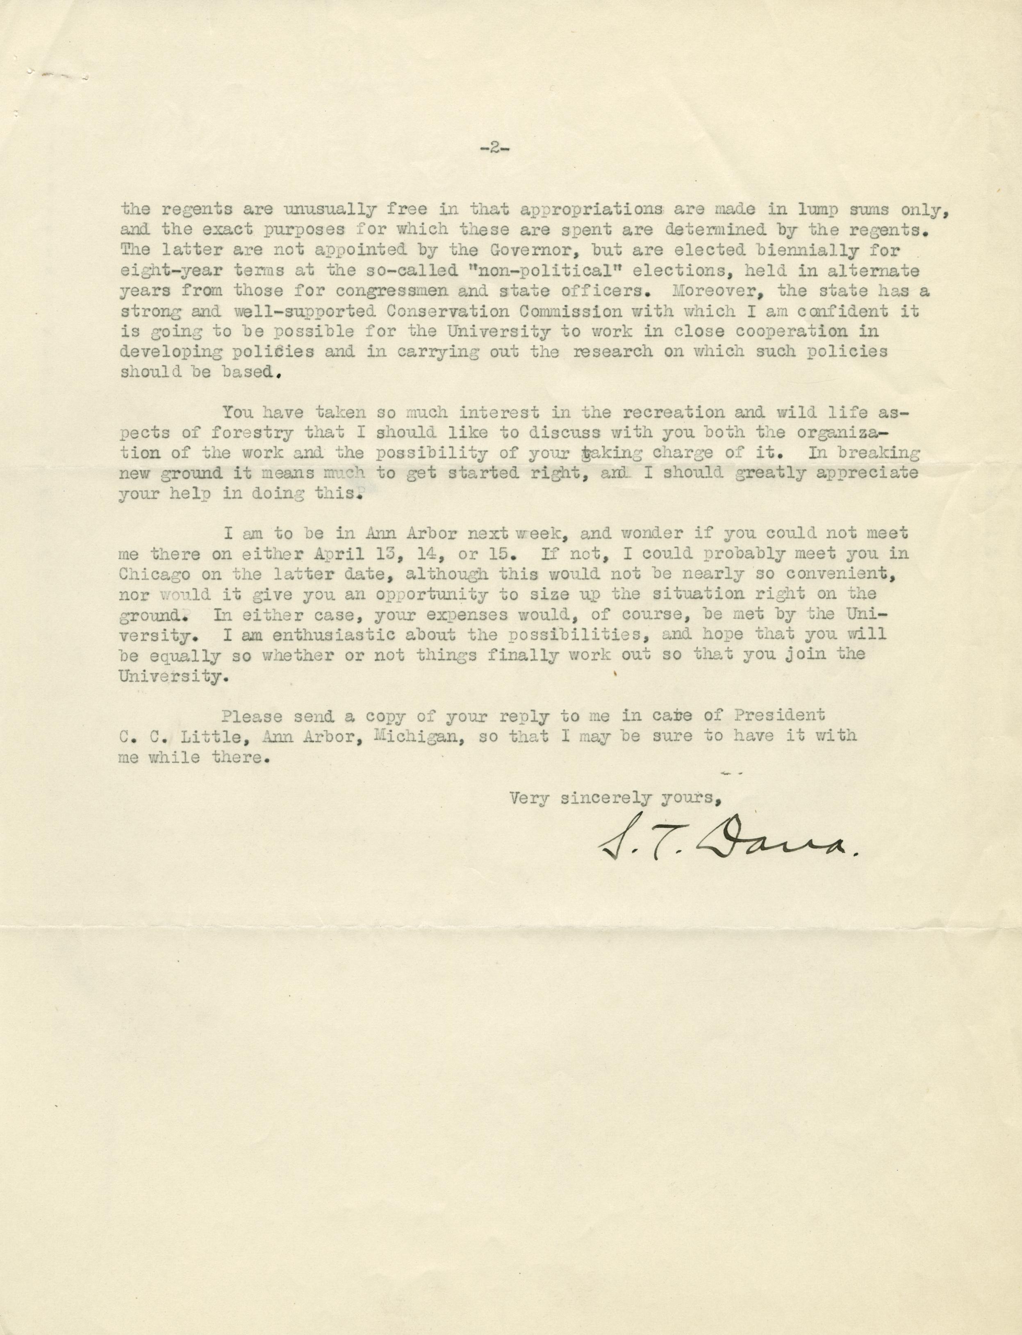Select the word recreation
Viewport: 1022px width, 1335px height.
(x=665, y=413)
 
